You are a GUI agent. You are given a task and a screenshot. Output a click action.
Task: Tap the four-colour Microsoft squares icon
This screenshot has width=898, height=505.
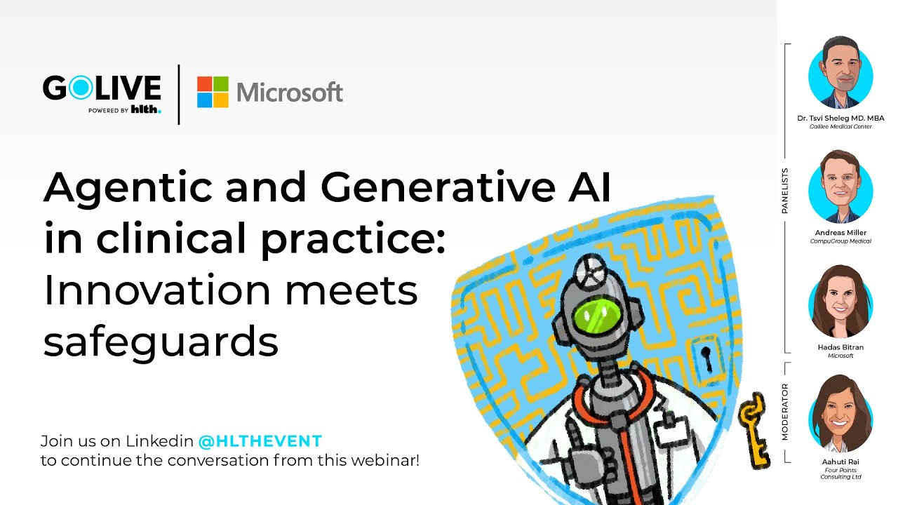[213, 92]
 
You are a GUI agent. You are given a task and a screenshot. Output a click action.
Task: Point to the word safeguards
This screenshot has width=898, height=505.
[161, 342]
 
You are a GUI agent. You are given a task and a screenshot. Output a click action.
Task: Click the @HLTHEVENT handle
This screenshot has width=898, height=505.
[260, 442]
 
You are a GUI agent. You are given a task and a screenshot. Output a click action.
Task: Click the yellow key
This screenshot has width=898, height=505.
[753, 429]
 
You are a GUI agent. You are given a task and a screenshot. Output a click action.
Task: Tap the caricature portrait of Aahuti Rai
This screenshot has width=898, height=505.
[840, 416]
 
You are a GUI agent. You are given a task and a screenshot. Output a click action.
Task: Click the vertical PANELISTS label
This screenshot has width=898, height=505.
[785, 190]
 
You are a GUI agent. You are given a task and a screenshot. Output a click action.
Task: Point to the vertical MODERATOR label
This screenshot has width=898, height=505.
[785, 412]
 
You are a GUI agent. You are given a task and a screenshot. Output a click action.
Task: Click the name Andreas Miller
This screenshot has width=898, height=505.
[840, 233]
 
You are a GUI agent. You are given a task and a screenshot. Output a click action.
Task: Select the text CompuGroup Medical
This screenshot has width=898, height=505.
[840, 241]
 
